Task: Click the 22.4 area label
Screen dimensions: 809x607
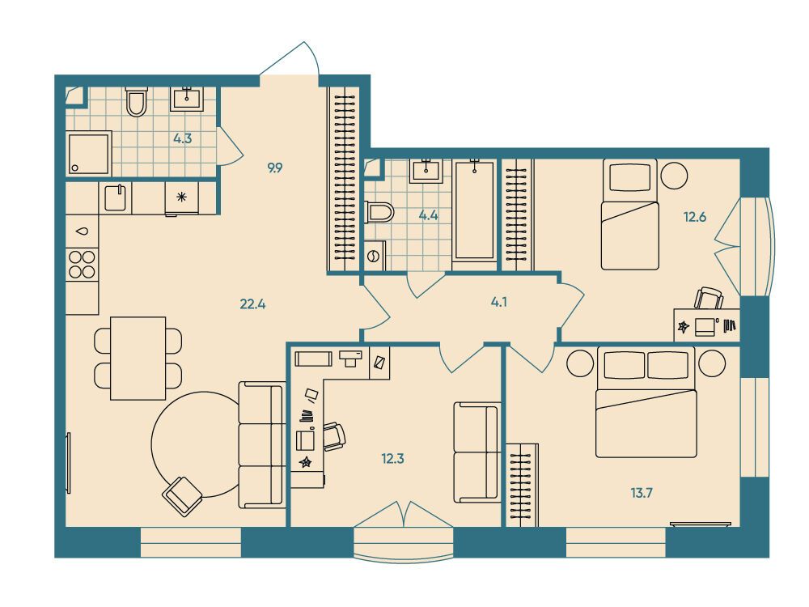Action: coord(252,304)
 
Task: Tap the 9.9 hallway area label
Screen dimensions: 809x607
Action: coord(275,168)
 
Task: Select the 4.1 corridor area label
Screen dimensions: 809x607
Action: coord(499,302)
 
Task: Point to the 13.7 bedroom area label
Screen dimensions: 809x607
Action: coord(642,493)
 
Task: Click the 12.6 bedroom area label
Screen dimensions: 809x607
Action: coord(695,217)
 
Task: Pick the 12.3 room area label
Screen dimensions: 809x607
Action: coord(392,458)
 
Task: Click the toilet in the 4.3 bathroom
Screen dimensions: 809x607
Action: coord(137,101)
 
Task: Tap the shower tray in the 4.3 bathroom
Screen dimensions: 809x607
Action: coord(89,153)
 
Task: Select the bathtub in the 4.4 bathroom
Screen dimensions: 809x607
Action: coord(474,210)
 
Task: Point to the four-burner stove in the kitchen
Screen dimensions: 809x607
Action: coord(82,265)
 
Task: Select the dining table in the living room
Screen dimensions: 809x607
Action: coord(138,359)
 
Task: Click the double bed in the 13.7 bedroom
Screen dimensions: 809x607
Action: coord(646,402)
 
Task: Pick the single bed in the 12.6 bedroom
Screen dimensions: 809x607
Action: coord(630,214)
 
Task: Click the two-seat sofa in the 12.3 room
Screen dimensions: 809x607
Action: coord(477,452)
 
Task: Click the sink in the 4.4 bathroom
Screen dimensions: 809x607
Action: coord(426,171)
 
